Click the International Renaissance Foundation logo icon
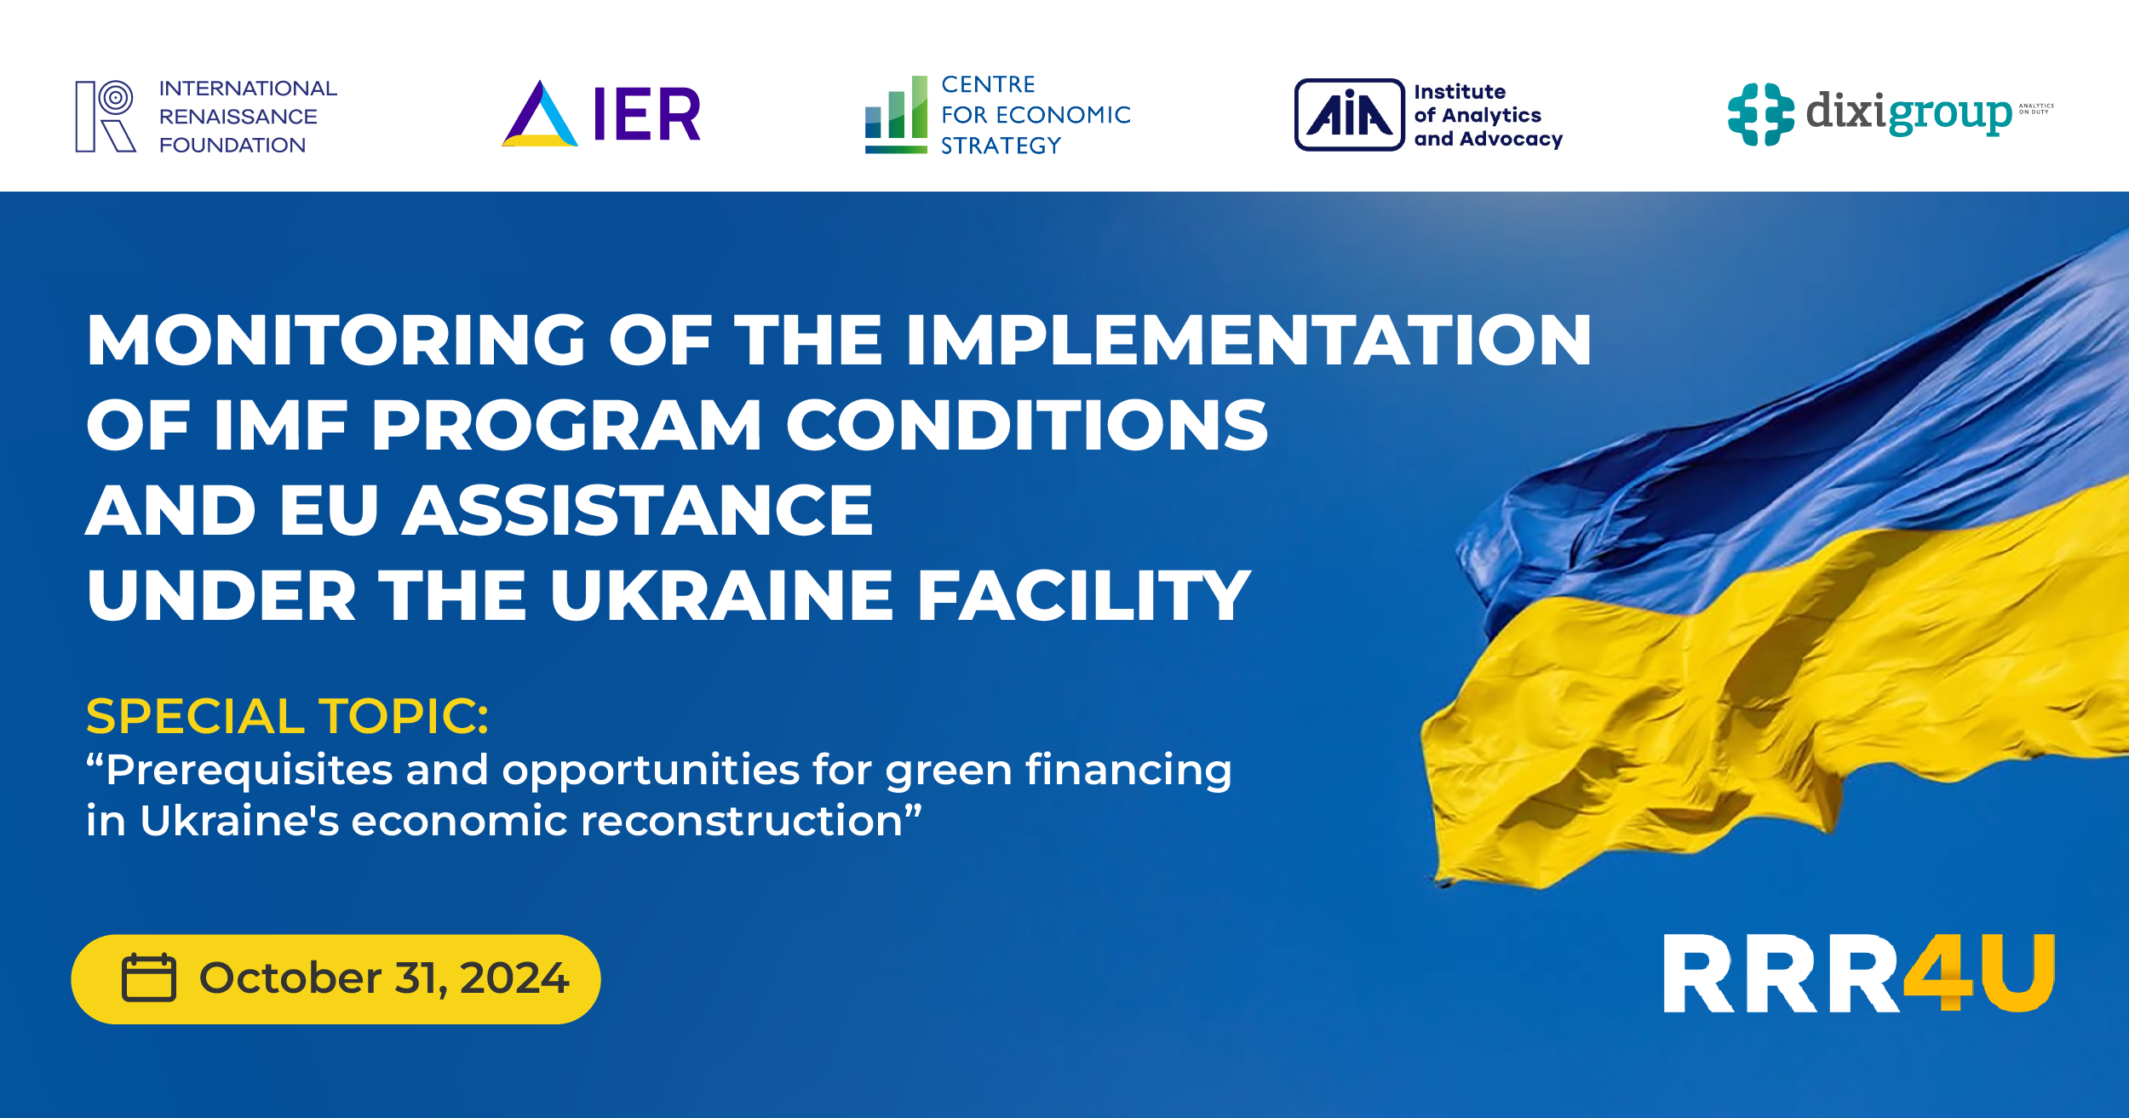pos(106,116)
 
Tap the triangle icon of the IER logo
pos(540,118)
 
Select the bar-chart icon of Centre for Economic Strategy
pos(896,114)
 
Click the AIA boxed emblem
pos(1349,115)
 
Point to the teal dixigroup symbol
pos(1760,114)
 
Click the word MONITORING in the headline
pos(336,341)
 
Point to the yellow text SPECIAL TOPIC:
pos(288,716)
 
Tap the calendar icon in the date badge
pos(149,978)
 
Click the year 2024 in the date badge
pos(514,978)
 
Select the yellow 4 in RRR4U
pos(1938,972)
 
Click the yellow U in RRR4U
pos(2015,972)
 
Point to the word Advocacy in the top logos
pos(1511,139)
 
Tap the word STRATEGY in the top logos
pos(1001,146)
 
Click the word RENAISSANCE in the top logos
pos(238,117)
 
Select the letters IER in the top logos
pos(647,114)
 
